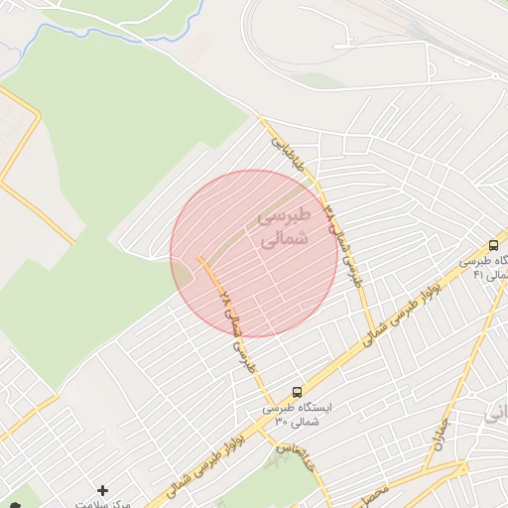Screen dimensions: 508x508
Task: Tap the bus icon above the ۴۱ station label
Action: tap(493, 245)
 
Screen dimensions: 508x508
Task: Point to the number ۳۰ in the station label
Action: tap(282, 423)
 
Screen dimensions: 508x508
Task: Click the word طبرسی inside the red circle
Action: tap(285, 215)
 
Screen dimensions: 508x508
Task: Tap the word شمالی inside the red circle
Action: tap(285, 239)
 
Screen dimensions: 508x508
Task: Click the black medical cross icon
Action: tap(102, 490)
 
